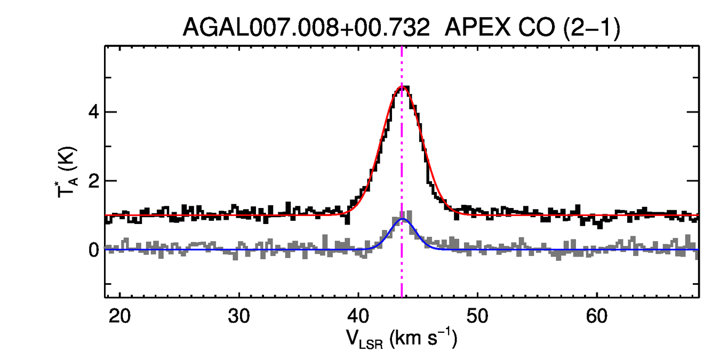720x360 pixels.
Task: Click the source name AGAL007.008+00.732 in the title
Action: tap(306, 27)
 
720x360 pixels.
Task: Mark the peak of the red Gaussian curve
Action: tap(401, 87)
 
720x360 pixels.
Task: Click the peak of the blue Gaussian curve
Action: tap(403, 219)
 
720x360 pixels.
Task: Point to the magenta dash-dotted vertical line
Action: tap(402, 160)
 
